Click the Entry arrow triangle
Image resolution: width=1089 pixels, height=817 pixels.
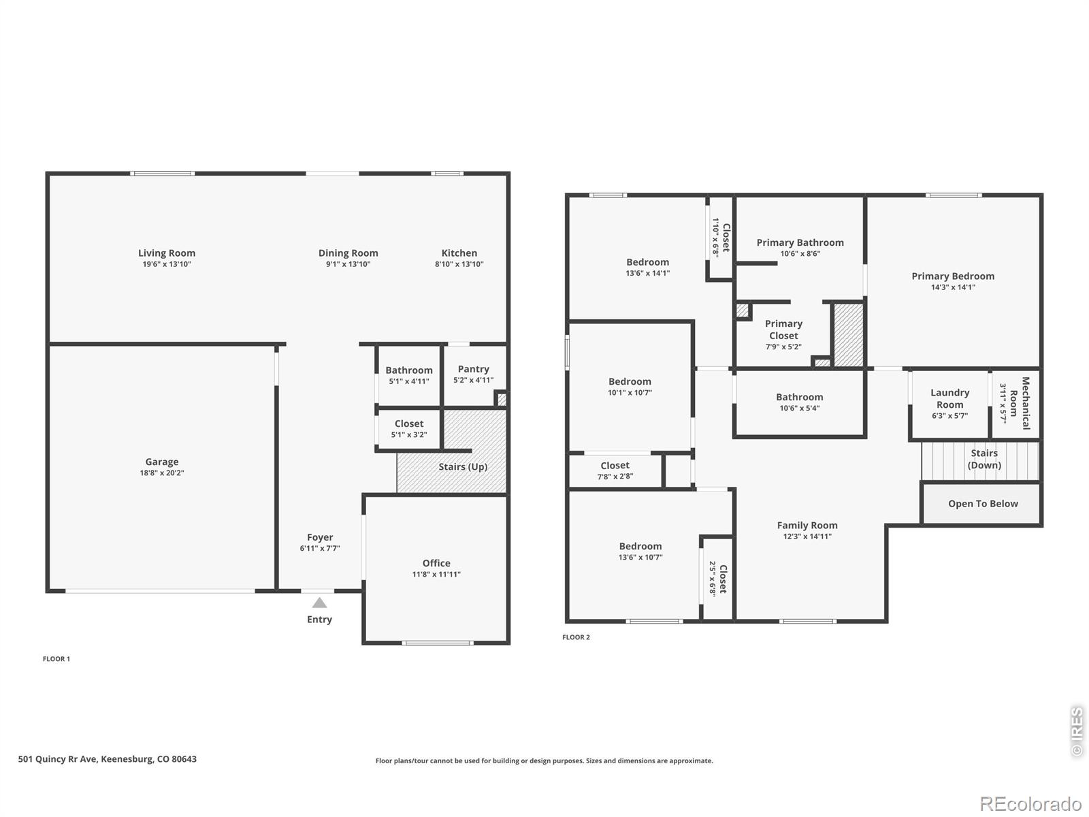point(319,603)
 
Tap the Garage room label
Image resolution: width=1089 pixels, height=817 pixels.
point(162,462)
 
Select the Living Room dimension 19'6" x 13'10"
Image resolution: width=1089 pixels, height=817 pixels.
point(167,264)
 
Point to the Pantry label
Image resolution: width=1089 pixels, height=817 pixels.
point(473,369)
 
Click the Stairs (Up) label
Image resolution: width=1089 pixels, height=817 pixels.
point(463,467)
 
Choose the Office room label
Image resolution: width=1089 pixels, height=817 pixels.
point(436,563)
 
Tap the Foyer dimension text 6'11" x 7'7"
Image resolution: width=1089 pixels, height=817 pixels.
point(319,548)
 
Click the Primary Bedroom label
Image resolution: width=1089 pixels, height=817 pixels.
point(953,276)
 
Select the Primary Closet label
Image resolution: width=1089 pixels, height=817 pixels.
point(783,330)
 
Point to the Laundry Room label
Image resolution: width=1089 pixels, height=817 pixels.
point(949,398)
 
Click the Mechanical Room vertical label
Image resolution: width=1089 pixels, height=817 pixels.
point(1020,403)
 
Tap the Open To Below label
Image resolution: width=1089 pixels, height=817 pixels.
point(983,504)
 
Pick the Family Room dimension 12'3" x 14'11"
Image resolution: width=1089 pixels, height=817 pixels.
point(807,536)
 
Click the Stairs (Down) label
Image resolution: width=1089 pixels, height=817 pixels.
point(984,459)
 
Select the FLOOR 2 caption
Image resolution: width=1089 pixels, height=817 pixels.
point(576,637)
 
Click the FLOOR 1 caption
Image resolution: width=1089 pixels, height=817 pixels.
point(56,659)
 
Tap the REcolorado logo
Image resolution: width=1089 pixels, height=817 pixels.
point(1031,803)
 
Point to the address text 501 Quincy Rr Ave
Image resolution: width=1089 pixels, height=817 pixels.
point(58,759)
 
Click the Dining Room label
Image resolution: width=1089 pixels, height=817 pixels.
point(348,253)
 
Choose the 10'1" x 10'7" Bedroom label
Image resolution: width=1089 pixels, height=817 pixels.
point(630,381)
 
